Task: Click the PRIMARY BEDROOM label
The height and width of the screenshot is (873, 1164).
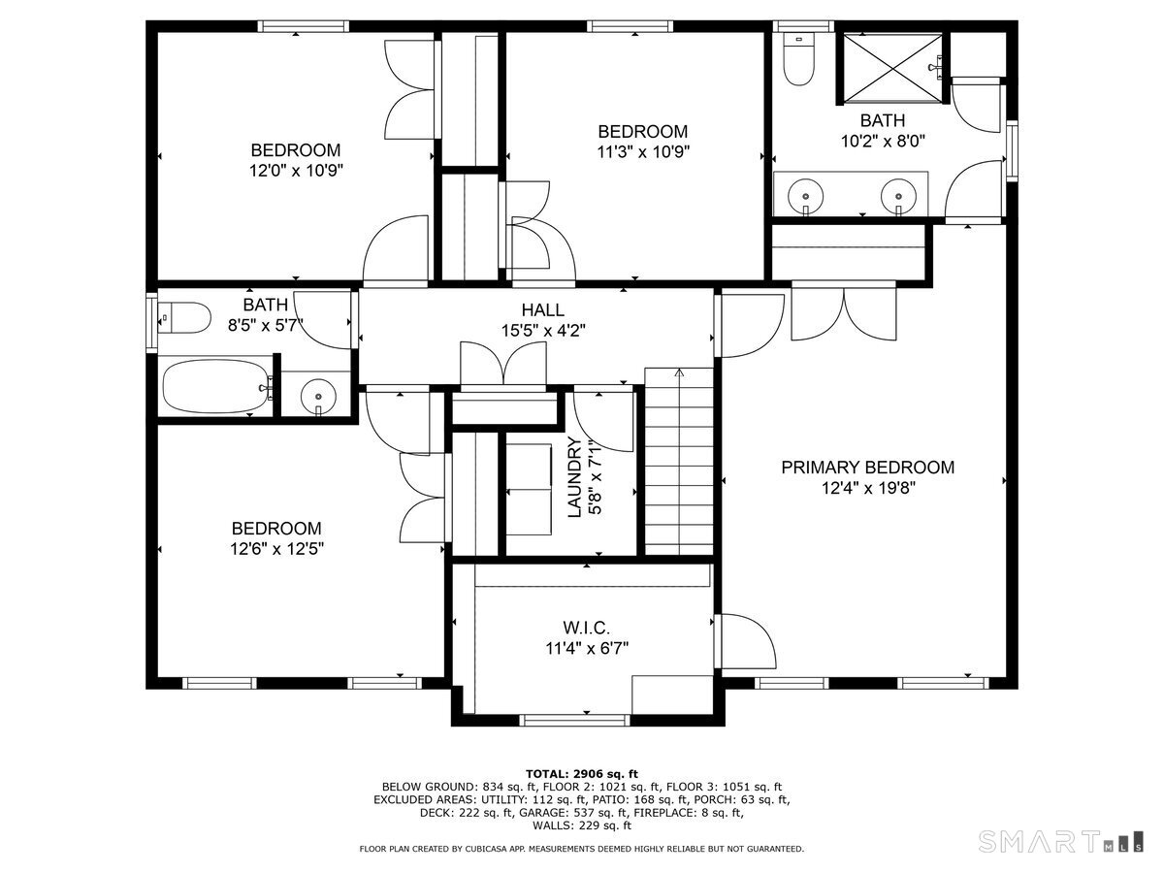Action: [867, 468]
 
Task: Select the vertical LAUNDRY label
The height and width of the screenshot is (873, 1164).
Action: [574, 477]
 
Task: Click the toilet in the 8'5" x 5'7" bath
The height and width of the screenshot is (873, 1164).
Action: [185, 316]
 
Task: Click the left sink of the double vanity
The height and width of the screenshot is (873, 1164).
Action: [805, 195]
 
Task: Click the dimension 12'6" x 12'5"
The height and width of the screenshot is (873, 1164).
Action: [275, 548]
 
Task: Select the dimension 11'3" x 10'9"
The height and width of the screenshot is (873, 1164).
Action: [642, 151]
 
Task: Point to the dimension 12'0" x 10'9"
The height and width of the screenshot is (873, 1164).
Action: [295, 170]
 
